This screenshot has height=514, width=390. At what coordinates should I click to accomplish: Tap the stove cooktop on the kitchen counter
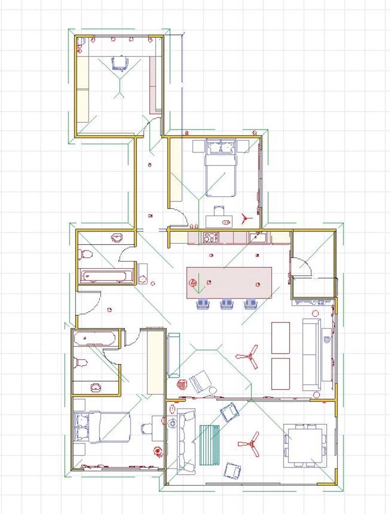coord(210,237)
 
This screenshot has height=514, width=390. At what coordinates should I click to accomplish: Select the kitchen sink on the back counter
coord(257,237)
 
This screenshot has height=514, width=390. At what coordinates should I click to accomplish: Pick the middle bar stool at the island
coord(227,304)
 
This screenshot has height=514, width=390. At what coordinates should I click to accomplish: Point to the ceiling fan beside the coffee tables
coord(248,356)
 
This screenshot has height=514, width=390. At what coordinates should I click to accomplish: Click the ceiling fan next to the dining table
coord(250,444)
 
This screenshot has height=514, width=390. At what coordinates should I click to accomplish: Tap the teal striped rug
coord(209,445)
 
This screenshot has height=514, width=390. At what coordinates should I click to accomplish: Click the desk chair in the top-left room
coord(120,63)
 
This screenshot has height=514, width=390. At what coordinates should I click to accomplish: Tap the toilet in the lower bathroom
coord(81,363)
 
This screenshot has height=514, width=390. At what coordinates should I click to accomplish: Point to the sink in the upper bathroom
coord(117,238)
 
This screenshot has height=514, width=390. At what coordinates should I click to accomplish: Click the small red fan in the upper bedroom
coord(244,218)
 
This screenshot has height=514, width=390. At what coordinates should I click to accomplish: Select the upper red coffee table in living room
coord(280,338)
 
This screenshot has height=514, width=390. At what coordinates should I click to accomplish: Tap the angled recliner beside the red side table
coord(200,381)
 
